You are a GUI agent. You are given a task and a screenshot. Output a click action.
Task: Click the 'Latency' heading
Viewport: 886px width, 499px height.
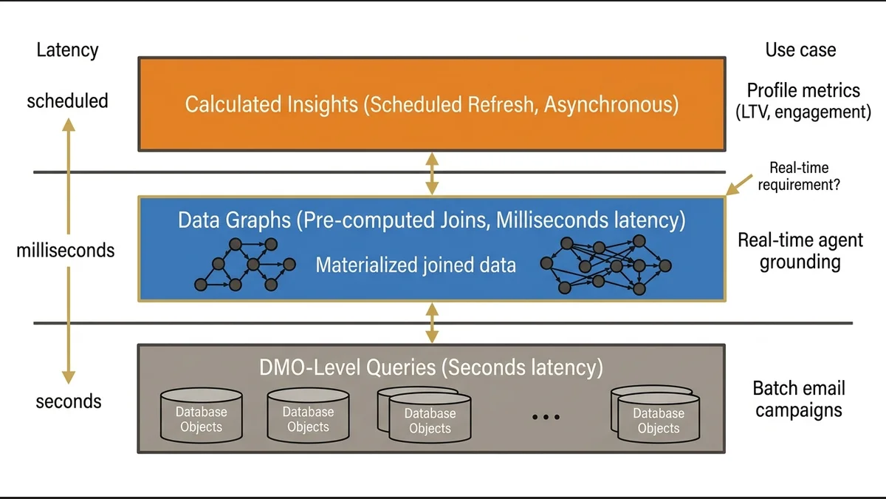click(67, 50)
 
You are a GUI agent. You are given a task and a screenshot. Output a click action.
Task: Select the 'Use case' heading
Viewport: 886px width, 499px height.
click(800, 50)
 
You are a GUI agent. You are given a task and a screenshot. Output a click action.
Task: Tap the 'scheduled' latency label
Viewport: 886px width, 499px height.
click(67, 101)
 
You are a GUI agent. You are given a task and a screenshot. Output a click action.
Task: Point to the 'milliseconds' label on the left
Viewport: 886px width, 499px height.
click(66, 251)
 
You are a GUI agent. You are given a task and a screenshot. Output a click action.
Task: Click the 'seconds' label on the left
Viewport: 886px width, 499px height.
click(69, 401)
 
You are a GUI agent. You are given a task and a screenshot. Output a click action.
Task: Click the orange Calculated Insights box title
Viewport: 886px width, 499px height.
click(431, 104)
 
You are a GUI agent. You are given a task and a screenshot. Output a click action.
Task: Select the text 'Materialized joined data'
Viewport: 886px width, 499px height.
click(416, 265)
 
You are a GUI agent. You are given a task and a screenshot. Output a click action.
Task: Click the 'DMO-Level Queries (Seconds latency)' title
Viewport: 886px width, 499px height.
click(431, 367)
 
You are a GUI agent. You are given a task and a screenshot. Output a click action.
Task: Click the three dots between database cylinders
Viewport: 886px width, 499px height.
click(546, 418)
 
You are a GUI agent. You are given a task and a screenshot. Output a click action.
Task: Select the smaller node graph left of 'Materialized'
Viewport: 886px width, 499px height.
click(244, 264)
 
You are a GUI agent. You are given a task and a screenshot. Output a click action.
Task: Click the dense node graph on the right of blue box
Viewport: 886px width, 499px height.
click(605, 264)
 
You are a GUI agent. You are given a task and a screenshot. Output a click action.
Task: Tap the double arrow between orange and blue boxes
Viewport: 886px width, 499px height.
click(432, 174)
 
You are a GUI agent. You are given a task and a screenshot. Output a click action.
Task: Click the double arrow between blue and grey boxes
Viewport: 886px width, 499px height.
click(432, 323)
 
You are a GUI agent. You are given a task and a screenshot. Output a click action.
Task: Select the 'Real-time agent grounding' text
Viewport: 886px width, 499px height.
click(800, 251)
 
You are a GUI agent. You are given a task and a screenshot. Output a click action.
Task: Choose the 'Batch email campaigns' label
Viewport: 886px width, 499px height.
click(798, 399)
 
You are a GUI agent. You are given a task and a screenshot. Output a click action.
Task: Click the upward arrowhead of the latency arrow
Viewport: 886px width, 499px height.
click(68, 126)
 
